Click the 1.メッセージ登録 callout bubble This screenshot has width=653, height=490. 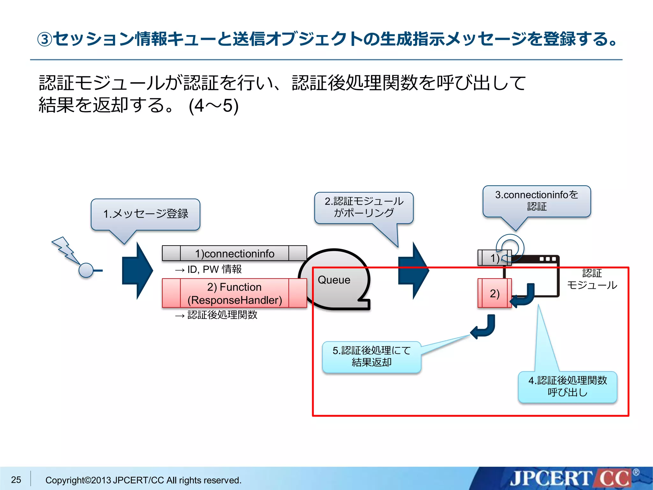[145, 214]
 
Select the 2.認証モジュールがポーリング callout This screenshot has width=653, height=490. [364, 208]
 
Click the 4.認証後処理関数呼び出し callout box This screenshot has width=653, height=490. [568, 387]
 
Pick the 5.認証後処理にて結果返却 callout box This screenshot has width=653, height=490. [371, 357]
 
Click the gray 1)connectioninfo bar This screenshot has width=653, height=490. [234, 253]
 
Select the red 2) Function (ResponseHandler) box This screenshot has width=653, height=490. [234, 293]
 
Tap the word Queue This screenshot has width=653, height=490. [334, 280]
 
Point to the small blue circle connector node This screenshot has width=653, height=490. [86, 271]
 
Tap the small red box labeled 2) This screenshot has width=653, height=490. [495, 293]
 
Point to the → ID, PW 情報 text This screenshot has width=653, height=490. [208, 270]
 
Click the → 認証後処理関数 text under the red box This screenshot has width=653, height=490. [216, 315]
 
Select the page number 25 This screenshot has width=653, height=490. [16, 479]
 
